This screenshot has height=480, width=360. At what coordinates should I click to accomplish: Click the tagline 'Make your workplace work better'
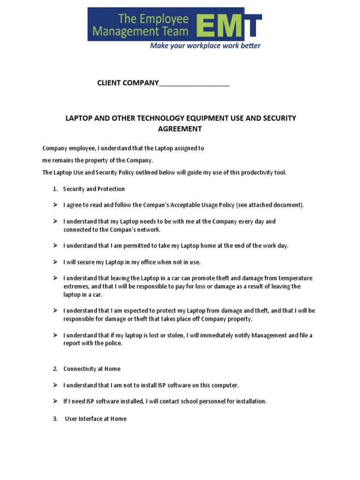(x=205, y=46)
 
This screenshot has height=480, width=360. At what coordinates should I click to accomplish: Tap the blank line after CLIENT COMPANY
(x=194, y=83)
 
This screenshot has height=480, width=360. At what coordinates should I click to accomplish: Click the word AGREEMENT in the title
(x=180, y=128)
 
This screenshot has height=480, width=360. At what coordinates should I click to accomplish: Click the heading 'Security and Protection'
(x=94, y=189)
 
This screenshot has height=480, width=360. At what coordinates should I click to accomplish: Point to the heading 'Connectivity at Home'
(x=92, y=369)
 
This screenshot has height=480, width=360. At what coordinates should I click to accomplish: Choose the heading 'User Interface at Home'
(x=96, y=419)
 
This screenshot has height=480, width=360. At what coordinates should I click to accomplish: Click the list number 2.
(x=55, y=369)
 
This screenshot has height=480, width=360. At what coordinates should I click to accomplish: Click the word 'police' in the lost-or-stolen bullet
(x=113, y=343)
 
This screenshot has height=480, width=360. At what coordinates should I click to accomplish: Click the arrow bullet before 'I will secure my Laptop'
(x=55, y=262)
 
